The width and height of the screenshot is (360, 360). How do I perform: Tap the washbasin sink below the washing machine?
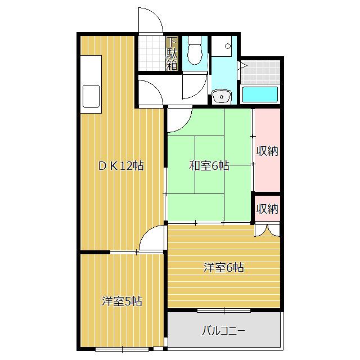[x=222, y=96]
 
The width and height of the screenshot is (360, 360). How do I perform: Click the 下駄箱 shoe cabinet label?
[x=172, y=54]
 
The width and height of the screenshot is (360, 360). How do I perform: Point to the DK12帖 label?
[x=121, y=166]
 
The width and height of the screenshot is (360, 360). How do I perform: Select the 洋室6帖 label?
[x=223, y=268]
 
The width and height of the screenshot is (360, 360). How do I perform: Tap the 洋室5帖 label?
[x=121, y=301]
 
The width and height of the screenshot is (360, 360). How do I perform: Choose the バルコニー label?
[x=223, y=330]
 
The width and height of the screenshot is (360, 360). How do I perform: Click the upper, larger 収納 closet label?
[x=267, y=151]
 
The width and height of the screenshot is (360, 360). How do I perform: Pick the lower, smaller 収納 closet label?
[x=267, y=209]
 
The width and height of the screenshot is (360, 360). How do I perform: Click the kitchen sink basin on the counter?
[x=90, y=96]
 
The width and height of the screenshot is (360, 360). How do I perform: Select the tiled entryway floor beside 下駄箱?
[x=151, y=54]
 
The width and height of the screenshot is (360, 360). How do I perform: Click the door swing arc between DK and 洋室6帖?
[x=152, y=239]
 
